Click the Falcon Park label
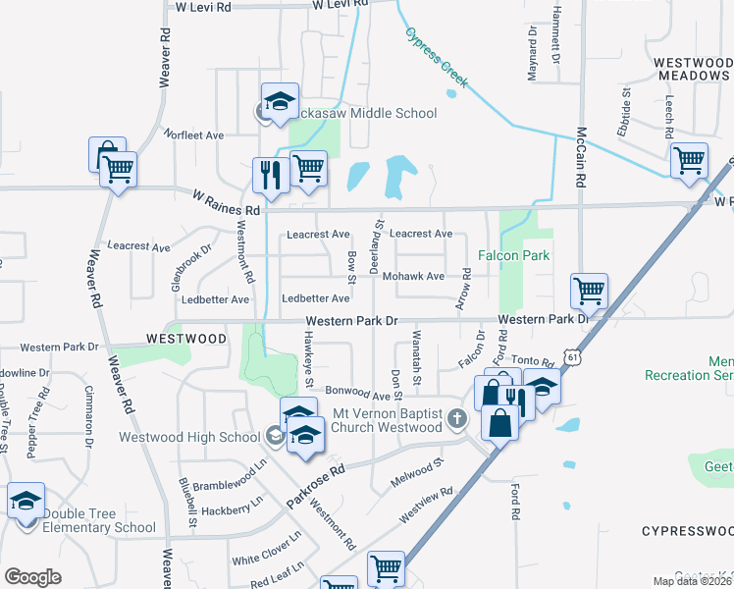point(512,255)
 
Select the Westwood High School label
point(190,437)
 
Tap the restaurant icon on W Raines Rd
point(268,175)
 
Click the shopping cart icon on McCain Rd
point(589,290)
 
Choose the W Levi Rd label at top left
point(202,7)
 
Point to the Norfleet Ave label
point(194,134)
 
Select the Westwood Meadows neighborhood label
point(693,69)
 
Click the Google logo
point(32,577)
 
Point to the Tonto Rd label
point(534,361)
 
